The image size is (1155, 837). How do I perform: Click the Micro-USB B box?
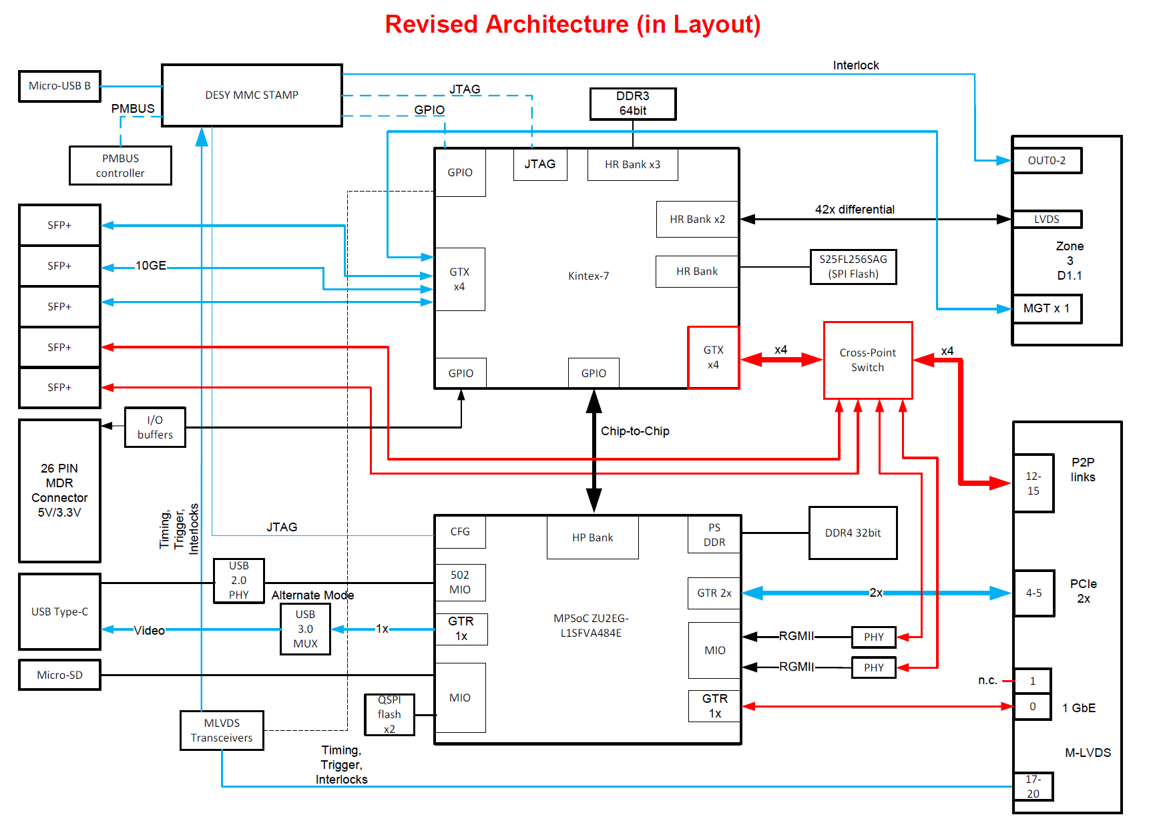[59, 86]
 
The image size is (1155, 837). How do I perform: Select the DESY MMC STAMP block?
[252, 95]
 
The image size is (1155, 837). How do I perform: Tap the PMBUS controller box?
[120, 166]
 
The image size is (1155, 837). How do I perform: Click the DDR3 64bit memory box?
[632, 103]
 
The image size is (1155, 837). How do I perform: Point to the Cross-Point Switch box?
[867, 360]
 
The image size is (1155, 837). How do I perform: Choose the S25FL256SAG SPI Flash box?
[853, 266]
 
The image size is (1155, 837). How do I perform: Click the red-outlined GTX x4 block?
[713, 357]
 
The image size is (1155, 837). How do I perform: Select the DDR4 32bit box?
[853, 533]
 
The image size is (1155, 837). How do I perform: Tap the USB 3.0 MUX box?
[305, 629]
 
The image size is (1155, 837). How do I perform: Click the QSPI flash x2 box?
[389, 714]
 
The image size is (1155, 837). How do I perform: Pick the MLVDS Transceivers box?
[222, 730]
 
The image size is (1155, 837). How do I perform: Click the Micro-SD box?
[59, 675]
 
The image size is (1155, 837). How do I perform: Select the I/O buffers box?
[155, 427]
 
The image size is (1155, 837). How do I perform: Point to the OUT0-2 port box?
[1046, 161]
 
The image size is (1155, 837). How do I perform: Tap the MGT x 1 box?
[1046, 308]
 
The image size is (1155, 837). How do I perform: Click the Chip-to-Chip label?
[635, 431]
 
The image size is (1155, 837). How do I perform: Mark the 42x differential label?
[855, 210]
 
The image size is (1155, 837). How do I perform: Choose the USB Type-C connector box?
[59, 611]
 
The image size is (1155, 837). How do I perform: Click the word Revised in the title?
[431, 25]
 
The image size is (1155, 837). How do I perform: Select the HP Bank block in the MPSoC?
[592, 537]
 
